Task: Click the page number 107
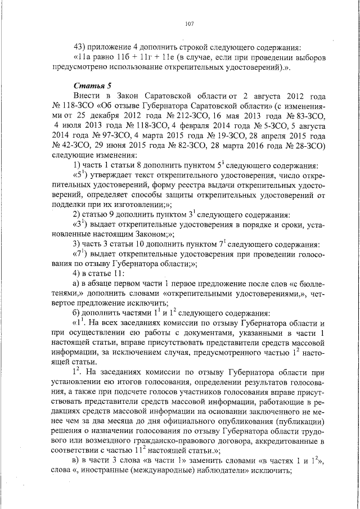[x=189, y=24]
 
